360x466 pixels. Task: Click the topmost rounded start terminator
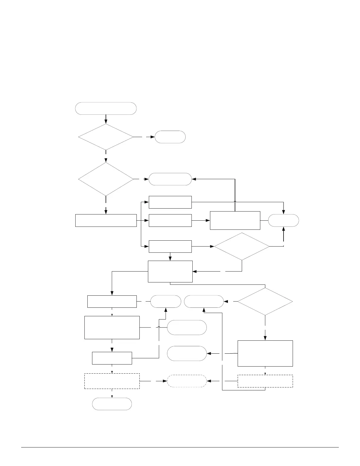click(x=106, y=108)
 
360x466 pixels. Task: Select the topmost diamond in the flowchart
click(x=106, y=137)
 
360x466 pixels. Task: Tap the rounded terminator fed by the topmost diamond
click(x=170, y=137)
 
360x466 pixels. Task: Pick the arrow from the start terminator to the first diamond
click(x=106, y=119)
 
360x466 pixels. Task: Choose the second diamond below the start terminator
click(x=106, y=179)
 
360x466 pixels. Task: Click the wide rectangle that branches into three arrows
click(x=106, y=221)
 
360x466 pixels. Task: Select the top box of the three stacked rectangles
click(x=170, y=202)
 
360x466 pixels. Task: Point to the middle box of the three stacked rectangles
click(x=170, y=220)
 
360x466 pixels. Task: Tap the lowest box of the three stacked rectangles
click(x=170, y=246)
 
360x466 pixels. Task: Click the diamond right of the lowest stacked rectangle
click(x=242, y=247)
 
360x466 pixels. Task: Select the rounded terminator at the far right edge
click(x=284, y=220)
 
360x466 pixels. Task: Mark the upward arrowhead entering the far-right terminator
click(x=284, y=229)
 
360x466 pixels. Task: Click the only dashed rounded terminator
click(x=187, y=381)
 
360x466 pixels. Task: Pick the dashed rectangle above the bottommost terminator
click(x=112, y=381)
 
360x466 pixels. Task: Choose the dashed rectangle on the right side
click(x=265, y=381)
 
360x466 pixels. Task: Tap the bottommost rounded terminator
click(x=112, y=404)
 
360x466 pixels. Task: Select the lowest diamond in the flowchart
click(x=265, y=302)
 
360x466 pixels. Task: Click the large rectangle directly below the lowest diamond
click(x=265, y=353)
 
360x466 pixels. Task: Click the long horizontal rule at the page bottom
click(x=180, y=447)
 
